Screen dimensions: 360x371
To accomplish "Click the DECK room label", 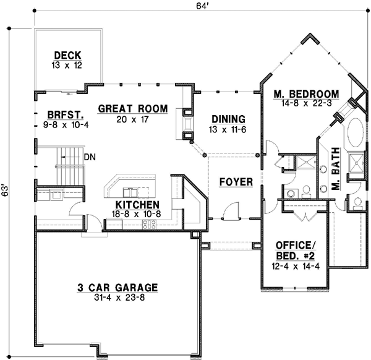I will (x=68, y=54).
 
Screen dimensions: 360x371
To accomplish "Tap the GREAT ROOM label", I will (x=133, y=109).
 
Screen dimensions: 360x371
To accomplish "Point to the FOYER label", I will (x=236, y=182).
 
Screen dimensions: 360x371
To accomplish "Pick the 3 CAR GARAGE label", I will (x=117, y=287).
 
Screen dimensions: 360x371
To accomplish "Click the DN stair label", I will (x=90, y=157).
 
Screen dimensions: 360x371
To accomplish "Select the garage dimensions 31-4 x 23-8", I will (x=117, y=298).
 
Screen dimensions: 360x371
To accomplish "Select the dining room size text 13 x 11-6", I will (x=228, y=129).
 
